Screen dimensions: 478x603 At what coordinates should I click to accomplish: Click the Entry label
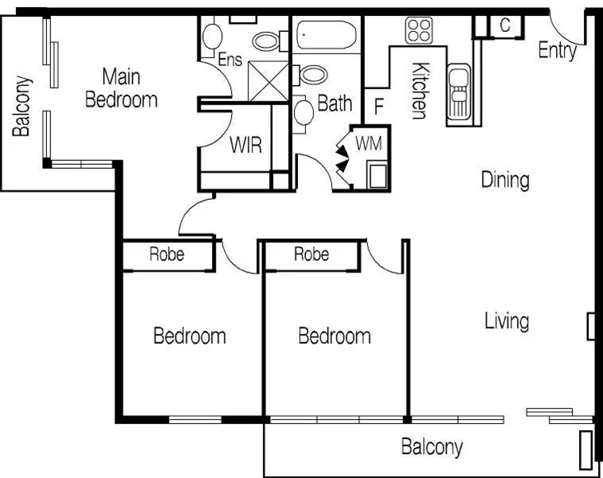tap(557, 50)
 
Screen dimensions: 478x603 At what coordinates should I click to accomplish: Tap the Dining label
tap(505, 179)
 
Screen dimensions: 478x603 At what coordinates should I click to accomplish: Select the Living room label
tap(507, 321)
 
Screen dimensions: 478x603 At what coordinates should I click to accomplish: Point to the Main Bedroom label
tap(121, 88)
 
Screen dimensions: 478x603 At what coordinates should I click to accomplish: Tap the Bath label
tap(335, 103)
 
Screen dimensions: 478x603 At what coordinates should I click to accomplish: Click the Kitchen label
tap(419, 91)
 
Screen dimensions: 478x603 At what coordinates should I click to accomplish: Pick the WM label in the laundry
tap(368, 144)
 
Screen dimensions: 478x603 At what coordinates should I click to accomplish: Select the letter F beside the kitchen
tap(379, 105)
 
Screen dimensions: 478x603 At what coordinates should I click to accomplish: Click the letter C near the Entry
tap(505, 25)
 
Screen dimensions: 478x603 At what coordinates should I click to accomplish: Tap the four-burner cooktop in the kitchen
tap(418, 30)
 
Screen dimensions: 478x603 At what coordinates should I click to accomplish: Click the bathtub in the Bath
tap(327, 36)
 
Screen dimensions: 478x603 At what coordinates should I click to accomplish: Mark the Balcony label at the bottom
tap(432, 446)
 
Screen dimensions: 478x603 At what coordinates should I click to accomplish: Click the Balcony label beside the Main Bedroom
tap(23, 106)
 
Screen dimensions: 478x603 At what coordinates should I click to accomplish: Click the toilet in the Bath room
tap(304, 111)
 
